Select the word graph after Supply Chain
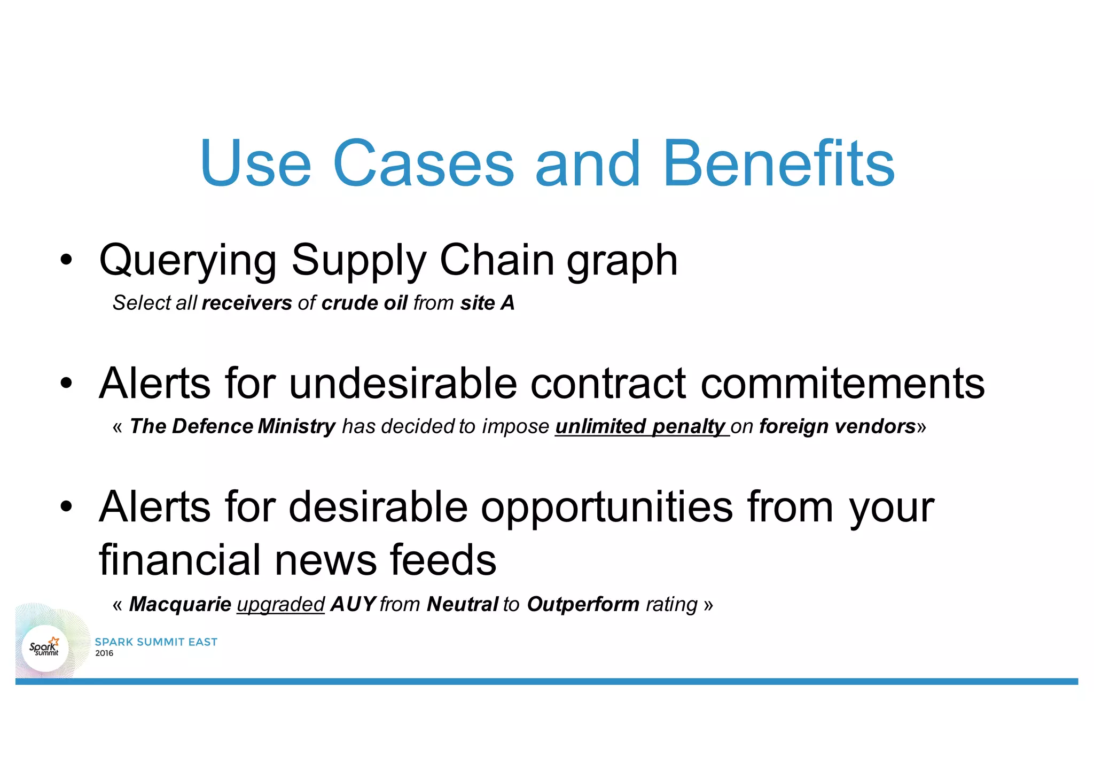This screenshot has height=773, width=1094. point(622,261)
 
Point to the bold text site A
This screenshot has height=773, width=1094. point(487,303)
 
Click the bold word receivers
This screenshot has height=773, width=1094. point(247,303)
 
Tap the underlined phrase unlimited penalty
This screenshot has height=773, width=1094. point(641,426)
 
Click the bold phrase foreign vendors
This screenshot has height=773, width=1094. point(837,426)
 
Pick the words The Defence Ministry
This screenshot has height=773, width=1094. point(232,426)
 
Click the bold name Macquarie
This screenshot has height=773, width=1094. point(180,604)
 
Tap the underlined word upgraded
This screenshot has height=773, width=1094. point(280,605)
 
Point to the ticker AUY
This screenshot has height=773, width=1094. point(353,604)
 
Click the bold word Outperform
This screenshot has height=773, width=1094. point(583,604)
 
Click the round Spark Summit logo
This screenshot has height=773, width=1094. point(45,648)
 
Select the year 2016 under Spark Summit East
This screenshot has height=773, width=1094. point(104,653)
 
